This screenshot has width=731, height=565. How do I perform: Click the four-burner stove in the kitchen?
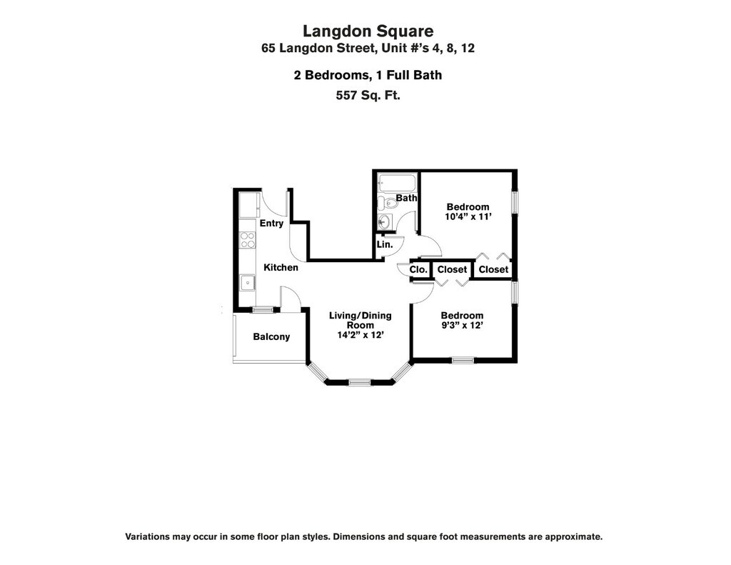pyautogui.click(x=248, y=239)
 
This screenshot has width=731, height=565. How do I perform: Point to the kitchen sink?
pyautogui.click(x=248, y=282)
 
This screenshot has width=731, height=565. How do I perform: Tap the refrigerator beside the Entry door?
pyautogui.click(x=248, y=205)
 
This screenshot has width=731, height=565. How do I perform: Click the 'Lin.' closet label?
pyautogui.click(x=385, y=244)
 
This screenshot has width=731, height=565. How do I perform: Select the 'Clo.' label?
pyautogui.click(x=419, y=269)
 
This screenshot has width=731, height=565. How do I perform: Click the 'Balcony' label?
pyautogui.click(x=272, y=336)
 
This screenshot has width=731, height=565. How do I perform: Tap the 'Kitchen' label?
pyautogui.click(x=281, y=267)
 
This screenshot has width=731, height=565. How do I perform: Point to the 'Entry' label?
pyautogui.click(x=271, y=223)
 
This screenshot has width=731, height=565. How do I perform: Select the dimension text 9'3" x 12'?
pyautogui.click(x=462, y=325)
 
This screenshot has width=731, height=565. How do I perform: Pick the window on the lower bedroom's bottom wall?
pyautogui.click(x=462, y=359)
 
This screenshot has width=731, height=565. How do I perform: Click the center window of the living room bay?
pyautogui.click(x=360, y=383)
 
